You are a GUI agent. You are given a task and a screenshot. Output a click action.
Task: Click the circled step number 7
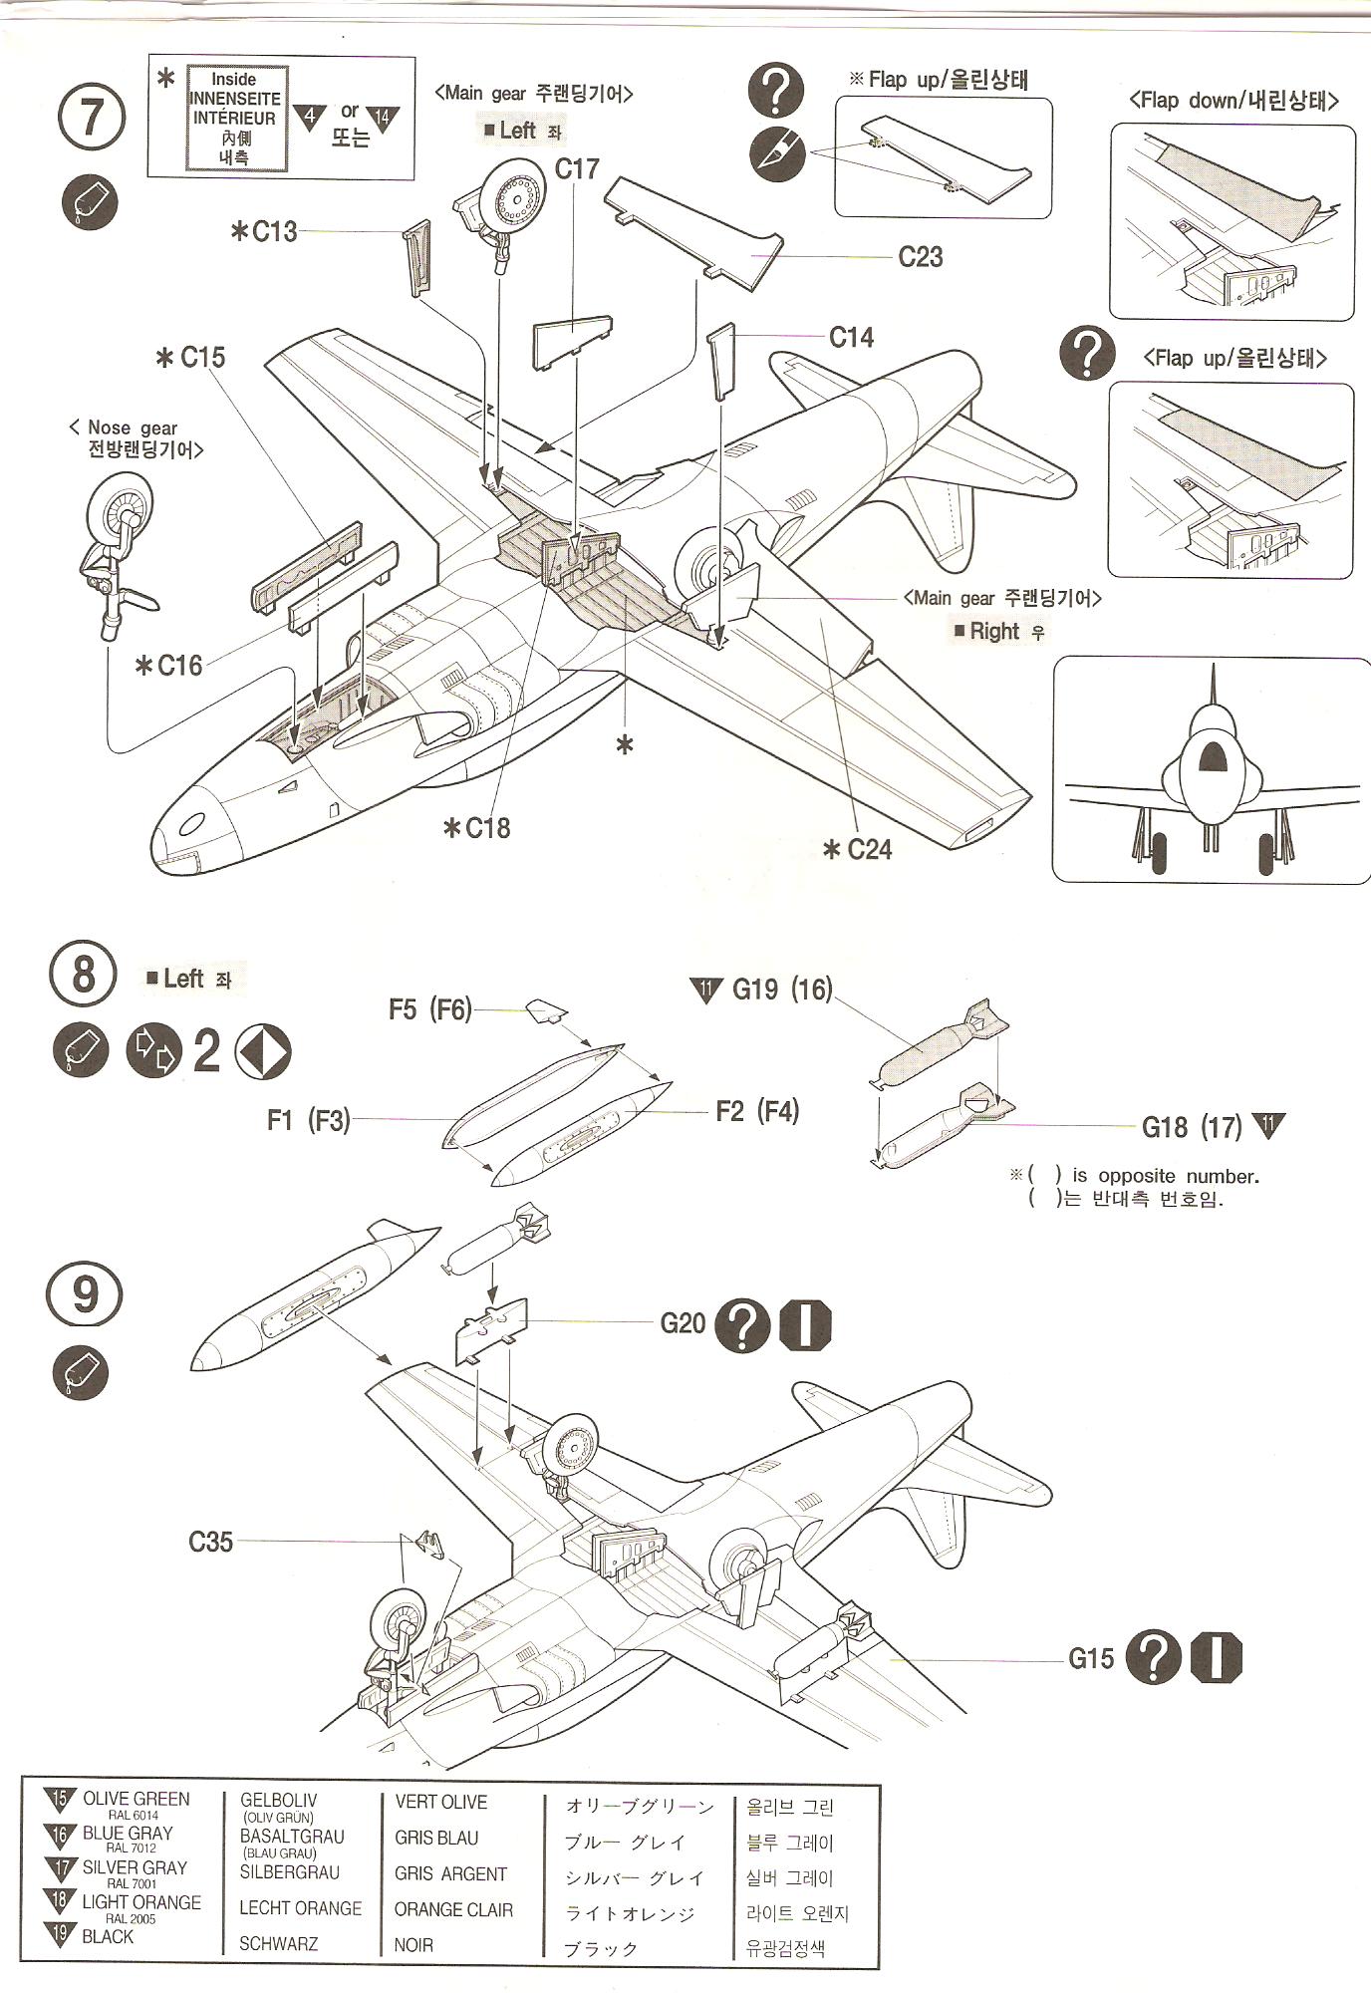tap(90, 117)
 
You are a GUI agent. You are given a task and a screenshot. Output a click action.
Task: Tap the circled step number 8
tap(83, 973)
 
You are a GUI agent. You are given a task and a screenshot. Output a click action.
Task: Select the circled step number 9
tap(85, 1294)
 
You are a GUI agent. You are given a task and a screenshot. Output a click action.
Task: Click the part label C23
tap(920, 257)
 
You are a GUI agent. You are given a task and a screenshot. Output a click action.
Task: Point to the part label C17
tap(577, 169)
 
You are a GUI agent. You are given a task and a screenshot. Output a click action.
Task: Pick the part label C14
tap(851, 338)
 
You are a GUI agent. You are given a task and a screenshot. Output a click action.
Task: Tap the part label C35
tap(210, 1542)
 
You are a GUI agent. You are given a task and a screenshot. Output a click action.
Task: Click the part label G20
tap(683, 1323)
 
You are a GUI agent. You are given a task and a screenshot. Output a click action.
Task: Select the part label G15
tap(1091, 1658)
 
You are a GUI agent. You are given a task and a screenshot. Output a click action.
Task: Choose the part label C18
tap(487, 827)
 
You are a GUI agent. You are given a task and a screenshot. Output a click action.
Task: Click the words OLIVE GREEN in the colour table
tap(136, 1799)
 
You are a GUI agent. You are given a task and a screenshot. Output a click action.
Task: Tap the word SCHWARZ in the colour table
tap(278, 1943)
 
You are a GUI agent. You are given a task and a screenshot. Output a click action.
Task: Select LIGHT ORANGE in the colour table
tap(140, 1902)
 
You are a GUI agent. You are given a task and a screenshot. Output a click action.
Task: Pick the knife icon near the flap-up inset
tap(776, 154)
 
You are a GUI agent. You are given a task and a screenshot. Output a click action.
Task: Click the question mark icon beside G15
tap(1152, 1659)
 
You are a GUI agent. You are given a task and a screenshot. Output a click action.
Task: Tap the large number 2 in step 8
tap(206, 1051)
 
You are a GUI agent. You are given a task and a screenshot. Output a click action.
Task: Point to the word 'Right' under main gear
tap(993, 631)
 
